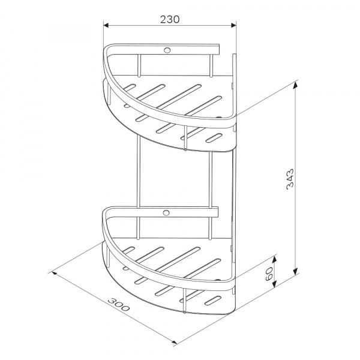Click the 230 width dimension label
170,20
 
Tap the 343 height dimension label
290,179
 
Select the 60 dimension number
269,274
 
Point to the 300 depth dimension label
119,304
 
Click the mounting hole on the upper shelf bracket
167,50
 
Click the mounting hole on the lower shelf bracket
166,213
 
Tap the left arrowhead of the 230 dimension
106,25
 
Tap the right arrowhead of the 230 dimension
233,25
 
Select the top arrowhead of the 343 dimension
295,85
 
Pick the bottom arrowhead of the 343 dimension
295,271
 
